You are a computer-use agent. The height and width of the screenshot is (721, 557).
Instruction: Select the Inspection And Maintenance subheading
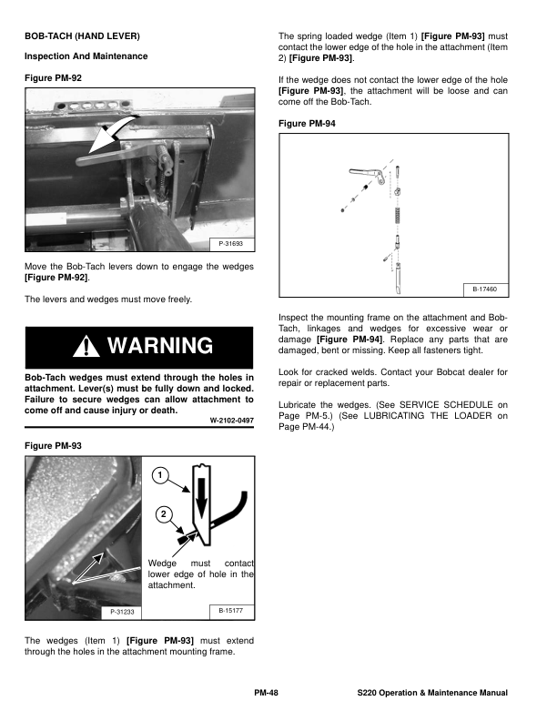[x=86, y=56]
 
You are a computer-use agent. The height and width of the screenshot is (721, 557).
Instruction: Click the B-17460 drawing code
[x=487, y=289]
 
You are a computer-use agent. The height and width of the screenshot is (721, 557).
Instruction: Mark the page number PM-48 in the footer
[x=266, y=695]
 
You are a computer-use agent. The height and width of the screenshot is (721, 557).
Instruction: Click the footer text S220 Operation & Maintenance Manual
[x=432, y=695]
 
